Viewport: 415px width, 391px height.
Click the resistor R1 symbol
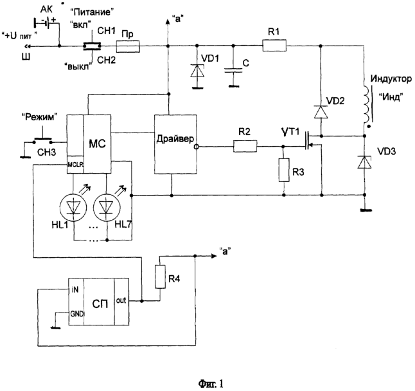coord(274,45)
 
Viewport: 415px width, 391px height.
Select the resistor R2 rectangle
coord(245,146)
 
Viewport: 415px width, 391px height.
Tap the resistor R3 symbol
coord(284,170)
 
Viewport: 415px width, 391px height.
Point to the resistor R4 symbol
coord(160,277)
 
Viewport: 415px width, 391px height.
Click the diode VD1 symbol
coord(197,71)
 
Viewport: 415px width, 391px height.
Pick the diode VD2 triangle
coord(321,112)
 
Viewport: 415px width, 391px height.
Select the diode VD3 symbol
coord(364,162)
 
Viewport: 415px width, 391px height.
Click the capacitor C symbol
coord(233,70)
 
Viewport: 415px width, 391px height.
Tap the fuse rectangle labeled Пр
coord(128,46)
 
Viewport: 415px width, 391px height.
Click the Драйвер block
coord(175,144)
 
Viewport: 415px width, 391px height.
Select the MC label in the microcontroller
coord(97,143)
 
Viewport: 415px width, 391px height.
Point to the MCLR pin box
coord(75,165)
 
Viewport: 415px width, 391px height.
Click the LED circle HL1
coord(73,207)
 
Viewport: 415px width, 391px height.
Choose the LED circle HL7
coord(107,207)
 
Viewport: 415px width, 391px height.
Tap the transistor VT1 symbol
coord(312,141)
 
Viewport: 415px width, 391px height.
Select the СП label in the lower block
coord(100,304)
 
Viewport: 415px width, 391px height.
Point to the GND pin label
coord(76,314)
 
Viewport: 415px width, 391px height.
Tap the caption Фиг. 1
coord(211,383)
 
